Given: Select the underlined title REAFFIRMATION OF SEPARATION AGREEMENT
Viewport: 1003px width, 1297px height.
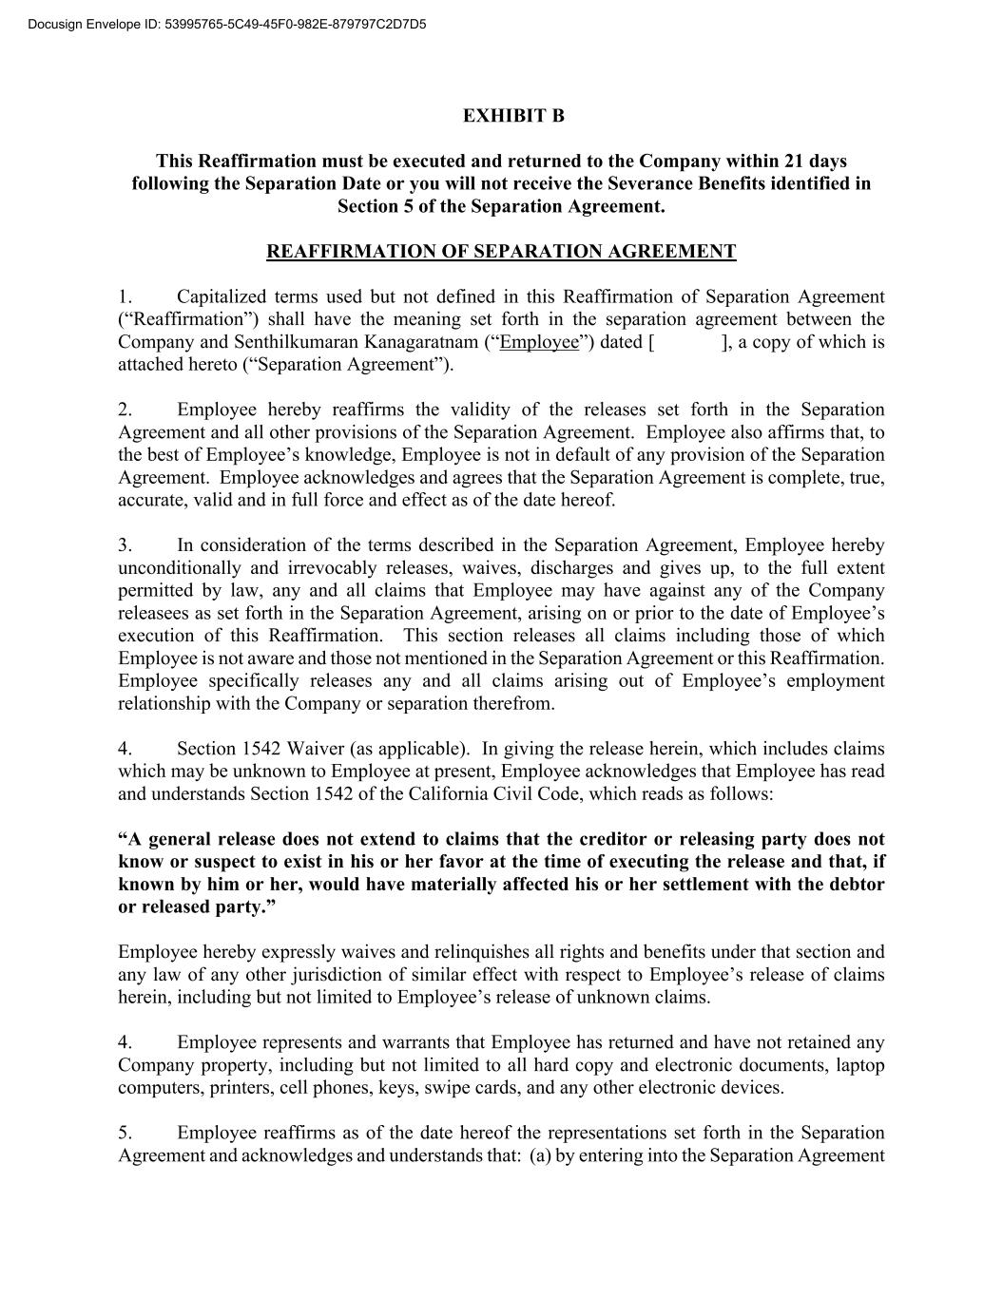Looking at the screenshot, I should (x=501, y=252).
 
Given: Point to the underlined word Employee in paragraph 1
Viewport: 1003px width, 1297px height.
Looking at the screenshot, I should (x=539, y=342).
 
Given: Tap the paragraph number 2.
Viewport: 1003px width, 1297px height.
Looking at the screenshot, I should (x=125, y=410).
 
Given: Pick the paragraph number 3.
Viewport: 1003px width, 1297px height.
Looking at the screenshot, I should (x=125, y=545).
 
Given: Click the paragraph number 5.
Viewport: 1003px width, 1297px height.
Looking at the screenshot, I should (x=125, y=1133).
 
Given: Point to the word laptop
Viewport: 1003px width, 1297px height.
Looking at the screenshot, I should (x=859, y=1065).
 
